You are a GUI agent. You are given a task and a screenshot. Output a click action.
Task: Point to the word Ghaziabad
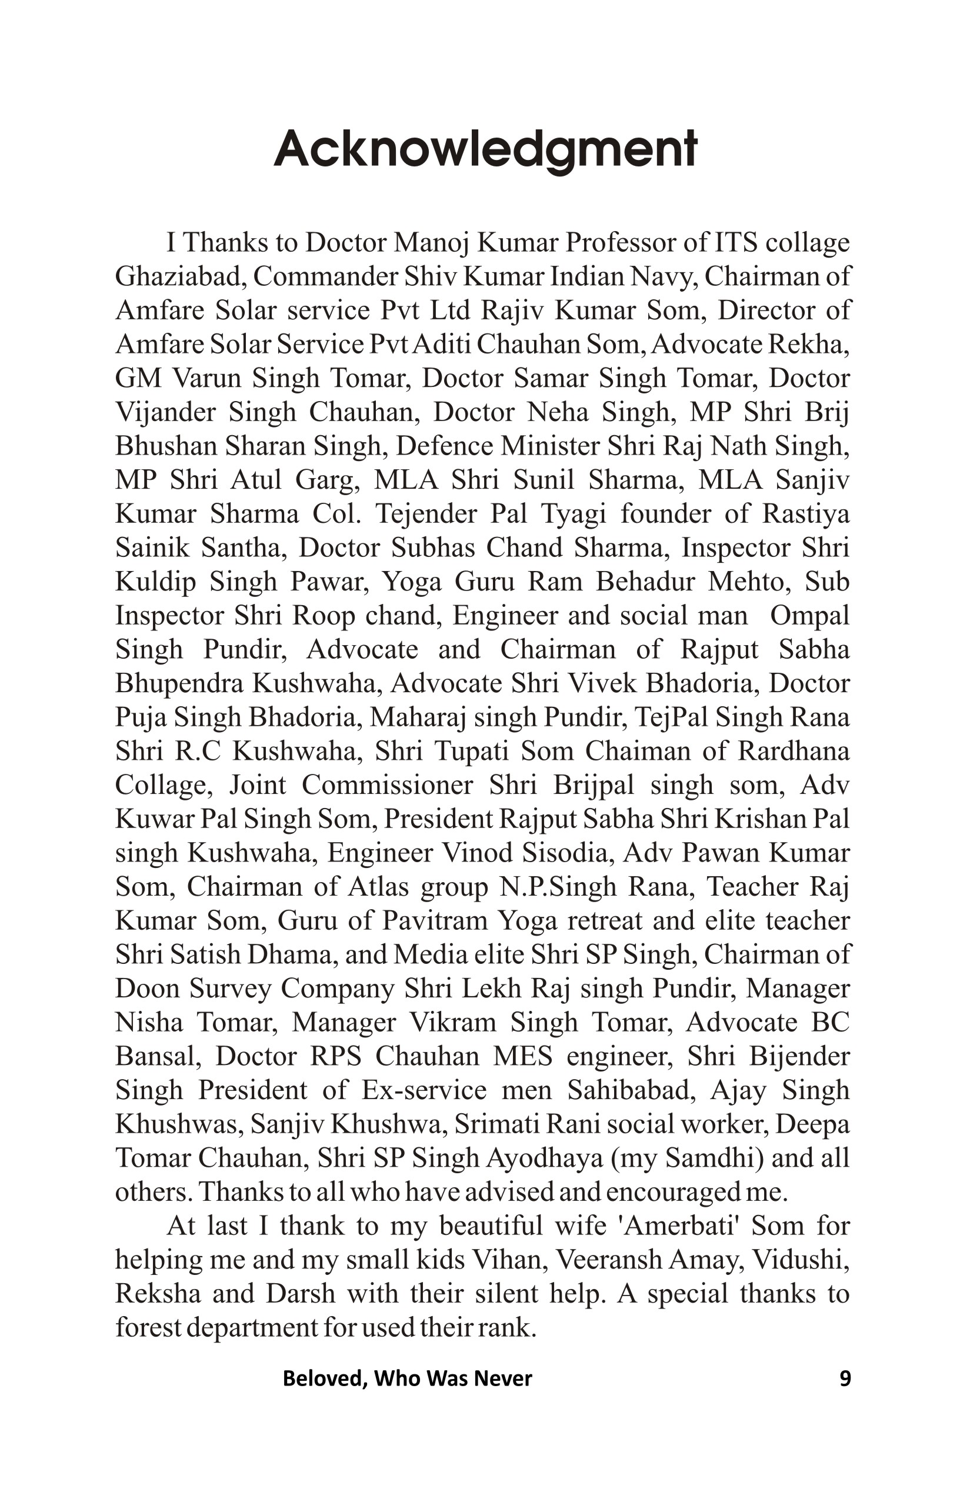click(180, 276)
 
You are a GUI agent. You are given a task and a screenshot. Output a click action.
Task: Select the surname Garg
click(327, 480)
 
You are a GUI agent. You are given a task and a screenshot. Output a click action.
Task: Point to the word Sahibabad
click(631, 1090)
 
